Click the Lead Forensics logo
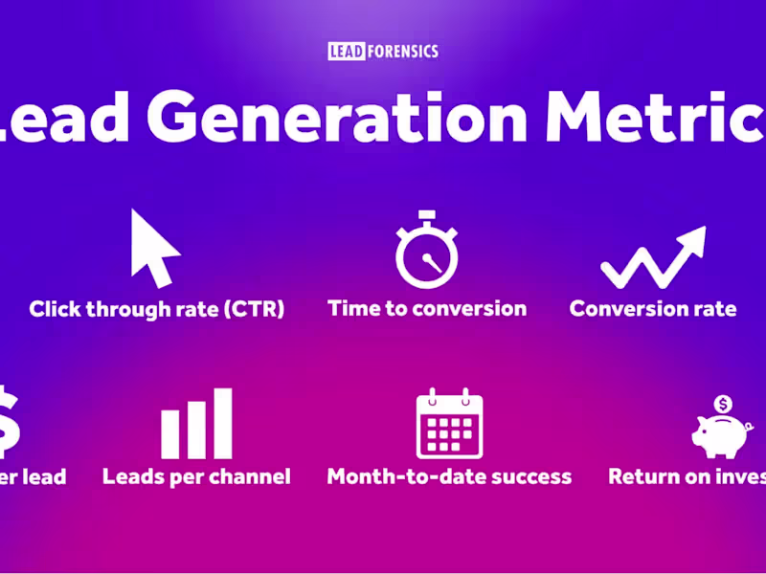383,51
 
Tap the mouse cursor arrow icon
153,249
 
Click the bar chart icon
196,424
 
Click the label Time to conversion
427,308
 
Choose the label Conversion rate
653,309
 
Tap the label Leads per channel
196,475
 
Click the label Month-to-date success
449,475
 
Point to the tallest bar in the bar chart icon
222,424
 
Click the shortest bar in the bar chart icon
170,434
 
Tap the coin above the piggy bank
724,405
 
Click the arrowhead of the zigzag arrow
691,240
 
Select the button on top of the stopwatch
427,215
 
